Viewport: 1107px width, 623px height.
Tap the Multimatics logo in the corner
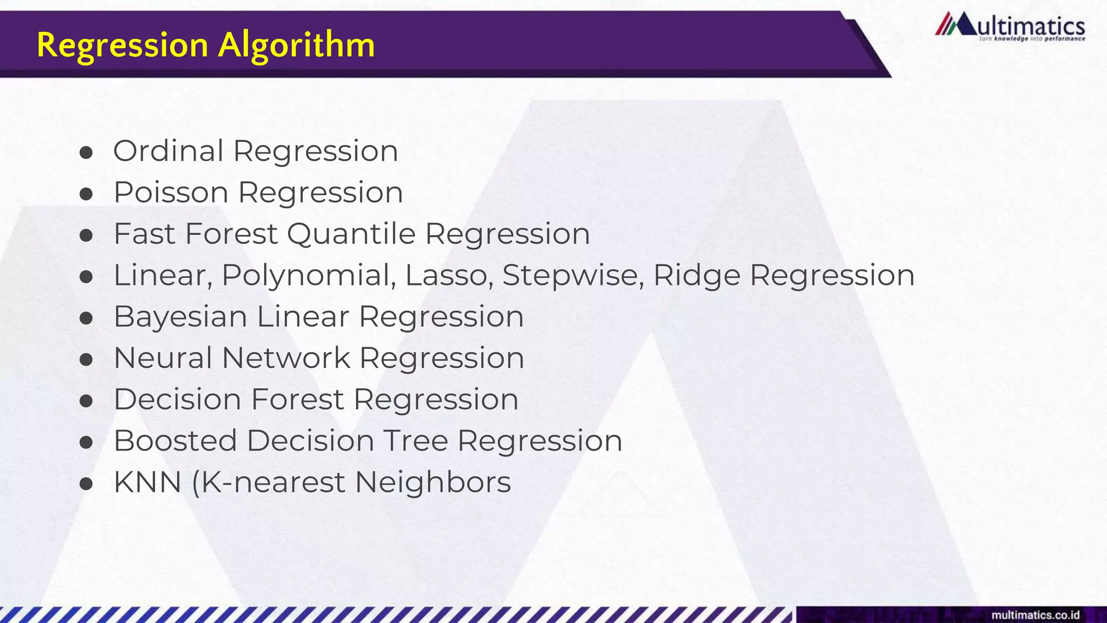click(1010, 27)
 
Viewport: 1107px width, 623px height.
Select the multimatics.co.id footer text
click(1035, 615)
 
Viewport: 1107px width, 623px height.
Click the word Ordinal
click(168, 151)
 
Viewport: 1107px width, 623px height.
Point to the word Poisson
click(171, 193)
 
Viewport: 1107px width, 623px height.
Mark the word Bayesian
click(180, 317)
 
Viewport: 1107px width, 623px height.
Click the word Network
click(286, 358)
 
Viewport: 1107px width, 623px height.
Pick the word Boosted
click(175, 441)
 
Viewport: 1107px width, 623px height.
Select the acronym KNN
click(147, 482)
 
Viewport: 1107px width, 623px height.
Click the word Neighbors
click(432, 482)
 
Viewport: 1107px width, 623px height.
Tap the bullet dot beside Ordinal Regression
click(86, 153)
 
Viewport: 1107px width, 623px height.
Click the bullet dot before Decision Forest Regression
click(86, 401)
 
